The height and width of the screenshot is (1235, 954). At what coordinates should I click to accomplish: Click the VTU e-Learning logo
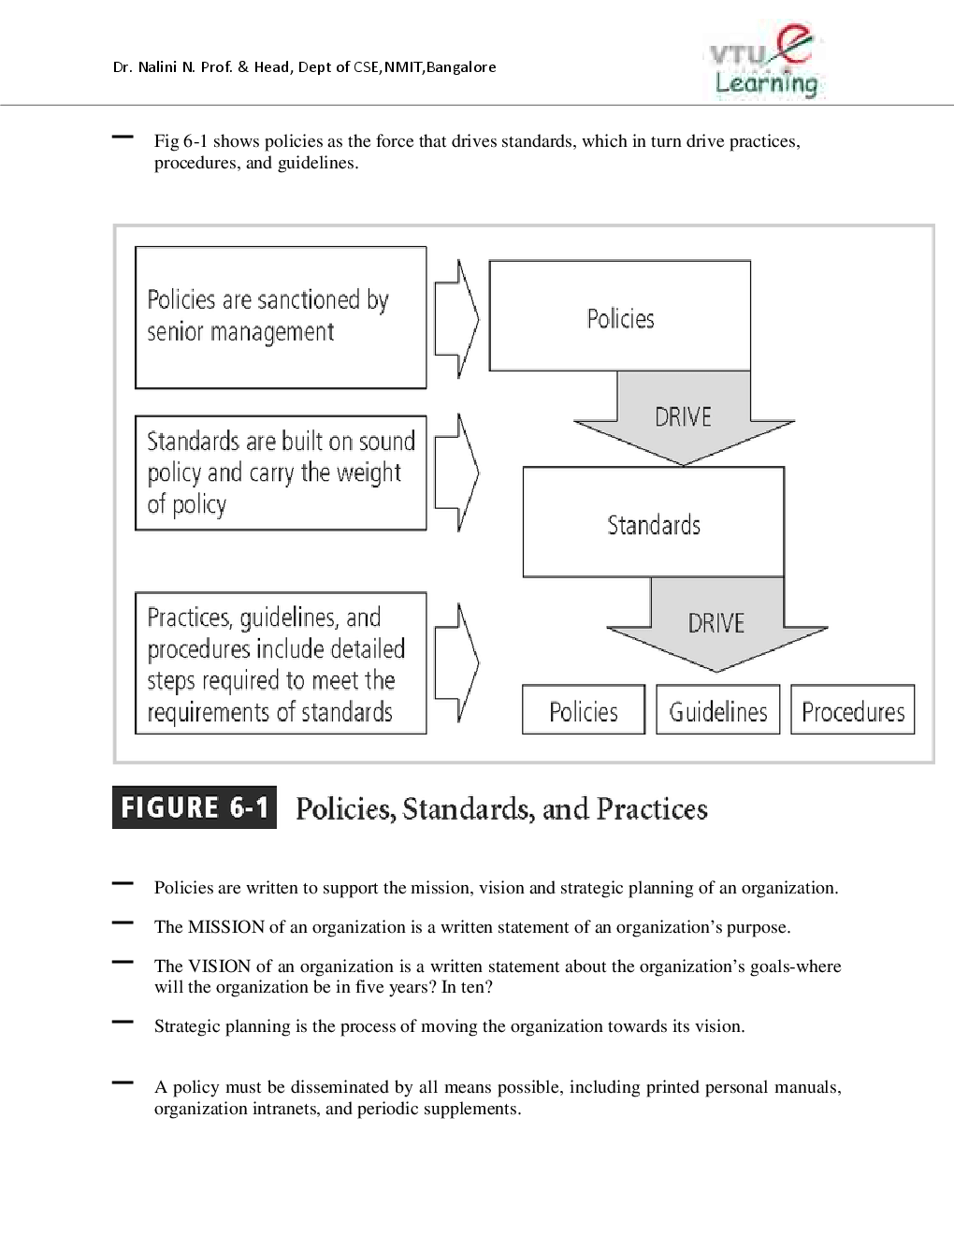765,61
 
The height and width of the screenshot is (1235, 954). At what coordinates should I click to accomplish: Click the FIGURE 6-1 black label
195,807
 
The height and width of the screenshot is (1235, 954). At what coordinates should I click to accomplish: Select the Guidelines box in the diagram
717,711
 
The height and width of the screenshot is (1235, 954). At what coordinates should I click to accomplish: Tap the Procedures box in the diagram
852,711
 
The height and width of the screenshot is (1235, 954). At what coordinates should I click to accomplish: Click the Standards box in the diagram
653,523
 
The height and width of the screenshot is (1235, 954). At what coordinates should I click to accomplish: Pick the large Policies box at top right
619,316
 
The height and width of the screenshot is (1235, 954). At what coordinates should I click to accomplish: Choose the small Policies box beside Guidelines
583,711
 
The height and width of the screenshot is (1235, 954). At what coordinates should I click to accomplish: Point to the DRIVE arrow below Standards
716,624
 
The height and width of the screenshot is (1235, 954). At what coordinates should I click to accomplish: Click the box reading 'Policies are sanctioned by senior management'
281,317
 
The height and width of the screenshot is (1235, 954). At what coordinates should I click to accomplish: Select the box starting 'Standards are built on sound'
281,472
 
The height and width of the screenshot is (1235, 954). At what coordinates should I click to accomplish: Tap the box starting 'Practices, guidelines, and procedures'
281,662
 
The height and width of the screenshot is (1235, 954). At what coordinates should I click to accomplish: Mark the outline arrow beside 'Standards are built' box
457,472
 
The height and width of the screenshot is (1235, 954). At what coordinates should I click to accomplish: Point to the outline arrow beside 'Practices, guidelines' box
457,662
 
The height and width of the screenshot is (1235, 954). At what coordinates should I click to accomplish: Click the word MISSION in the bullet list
226,927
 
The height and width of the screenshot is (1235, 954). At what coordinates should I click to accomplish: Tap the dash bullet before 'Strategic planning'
122,1023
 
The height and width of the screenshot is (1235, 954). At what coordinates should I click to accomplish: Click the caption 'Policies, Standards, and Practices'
501,809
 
